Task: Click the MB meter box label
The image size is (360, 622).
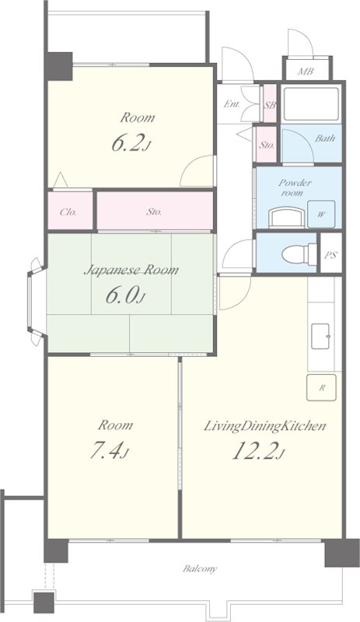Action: [306, 72]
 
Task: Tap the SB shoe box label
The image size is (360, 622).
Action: [271, 106]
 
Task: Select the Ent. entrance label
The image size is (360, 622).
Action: [232, 104]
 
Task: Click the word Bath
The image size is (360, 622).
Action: [325, 138]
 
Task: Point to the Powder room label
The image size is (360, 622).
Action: [295, 187]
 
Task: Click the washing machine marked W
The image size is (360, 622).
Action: [321, 215]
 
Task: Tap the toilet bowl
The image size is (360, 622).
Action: [299, 254]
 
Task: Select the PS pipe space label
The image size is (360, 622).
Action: [330, 255]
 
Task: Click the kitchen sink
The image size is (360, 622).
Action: [320, 337]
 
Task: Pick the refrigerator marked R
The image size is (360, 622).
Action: [321, 387]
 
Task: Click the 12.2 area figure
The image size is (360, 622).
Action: [258, 450]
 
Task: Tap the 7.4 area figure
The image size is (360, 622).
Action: [110, 450]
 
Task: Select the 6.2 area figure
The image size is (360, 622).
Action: [131, 143]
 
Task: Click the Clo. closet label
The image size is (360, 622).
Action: [68, 211]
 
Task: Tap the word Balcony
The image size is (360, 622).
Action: [200, 569]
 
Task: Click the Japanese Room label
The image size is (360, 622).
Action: [131, 271]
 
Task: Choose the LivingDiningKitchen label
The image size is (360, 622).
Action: [264, 426]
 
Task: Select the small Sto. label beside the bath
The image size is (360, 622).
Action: [267, 145]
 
